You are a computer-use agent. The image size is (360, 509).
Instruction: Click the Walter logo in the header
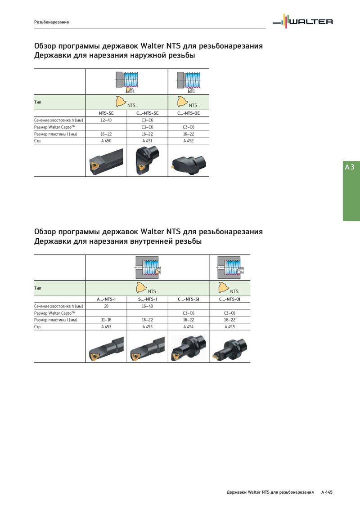click(302, 22)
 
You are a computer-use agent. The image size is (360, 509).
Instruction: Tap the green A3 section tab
click(351, 191)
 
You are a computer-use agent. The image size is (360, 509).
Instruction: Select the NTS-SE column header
click(106, 113)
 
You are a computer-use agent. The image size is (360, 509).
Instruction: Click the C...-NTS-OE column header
click(189, 113)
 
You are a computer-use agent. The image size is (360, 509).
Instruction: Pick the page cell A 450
click(106, 141)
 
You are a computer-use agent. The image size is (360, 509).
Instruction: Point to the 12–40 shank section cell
click(106, 120)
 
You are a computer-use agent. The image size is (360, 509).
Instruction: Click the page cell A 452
click(189, 141)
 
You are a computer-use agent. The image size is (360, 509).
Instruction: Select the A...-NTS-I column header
click(106, 299)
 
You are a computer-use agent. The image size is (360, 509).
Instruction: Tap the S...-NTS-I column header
click(147, 299)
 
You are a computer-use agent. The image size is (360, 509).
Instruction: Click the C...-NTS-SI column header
click(189, 299)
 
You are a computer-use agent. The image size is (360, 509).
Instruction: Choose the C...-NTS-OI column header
click(229, 299)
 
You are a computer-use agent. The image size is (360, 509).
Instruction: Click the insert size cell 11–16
click(106, 320)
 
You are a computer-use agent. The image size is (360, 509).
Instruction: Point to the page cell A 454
click(189, 327)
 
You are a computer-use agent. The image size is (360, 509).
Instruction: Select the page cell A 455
click(229, 327)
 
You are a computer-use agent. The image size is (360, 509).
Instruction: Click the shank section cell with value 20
click(106, 306)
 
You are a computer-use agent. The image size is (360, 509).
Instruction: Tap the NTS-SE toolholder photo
click(106, 162)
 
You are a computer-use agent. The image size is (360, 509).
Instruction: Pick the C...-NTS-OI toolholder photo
click(229, 348)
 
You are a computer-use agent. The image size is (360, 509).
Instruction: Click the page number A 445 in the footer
click(327, 492)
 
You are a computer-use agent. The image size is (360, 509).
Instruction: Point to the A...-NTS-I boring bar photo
click(106, 349)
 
